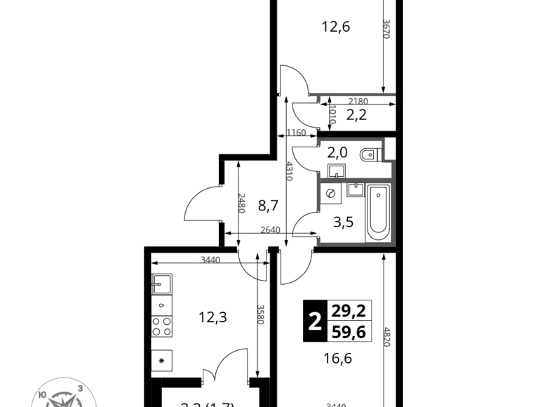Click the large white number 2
click(x=315, y=322)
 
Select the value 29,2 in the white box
click(x=349, y=311)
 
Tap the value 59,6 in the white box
click(x=349, y=333)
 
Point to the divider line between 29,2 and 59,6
click(x=350, y=322)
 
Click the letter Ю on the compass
click(x=42, y=395)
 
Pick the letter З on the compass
click(x=81, y=388)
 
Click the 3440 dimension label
click(x=210, y=260)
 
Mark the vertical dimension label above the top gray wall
click(x=388, y=28)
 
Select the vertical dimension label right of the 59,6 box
click(x=388, y=334)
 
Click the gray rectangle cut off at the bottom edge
click(x=337, y=403)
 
